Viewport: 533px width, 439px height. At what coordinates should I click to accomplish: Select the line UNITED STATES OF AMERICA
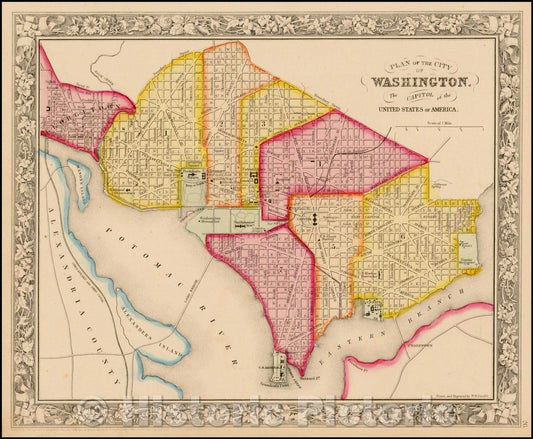(x=420, y=107)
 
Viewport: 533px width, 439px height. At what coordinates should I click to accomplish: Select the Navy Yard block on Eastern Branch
(x=373, y=309)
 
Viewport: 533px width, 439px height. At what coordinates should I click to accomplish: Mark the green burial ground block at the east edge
(x=468, y=250)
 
